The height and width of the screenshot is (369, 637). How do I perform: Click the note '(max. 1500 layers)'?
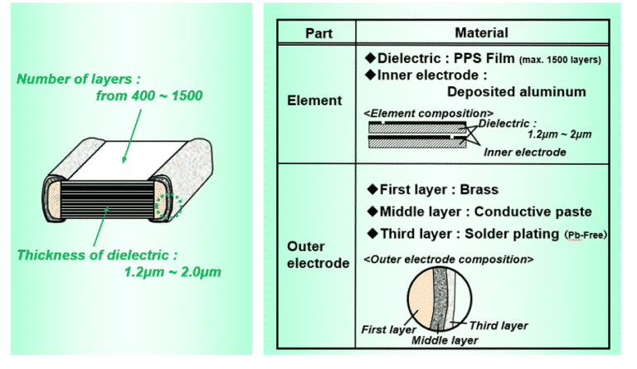[x=560, y=61]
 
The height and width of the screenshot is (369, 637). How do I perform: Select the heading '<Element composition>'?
[x=429, y=112]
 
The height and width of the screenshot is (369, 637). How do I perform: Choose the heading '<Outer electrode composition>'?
[x=448, y=260]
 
